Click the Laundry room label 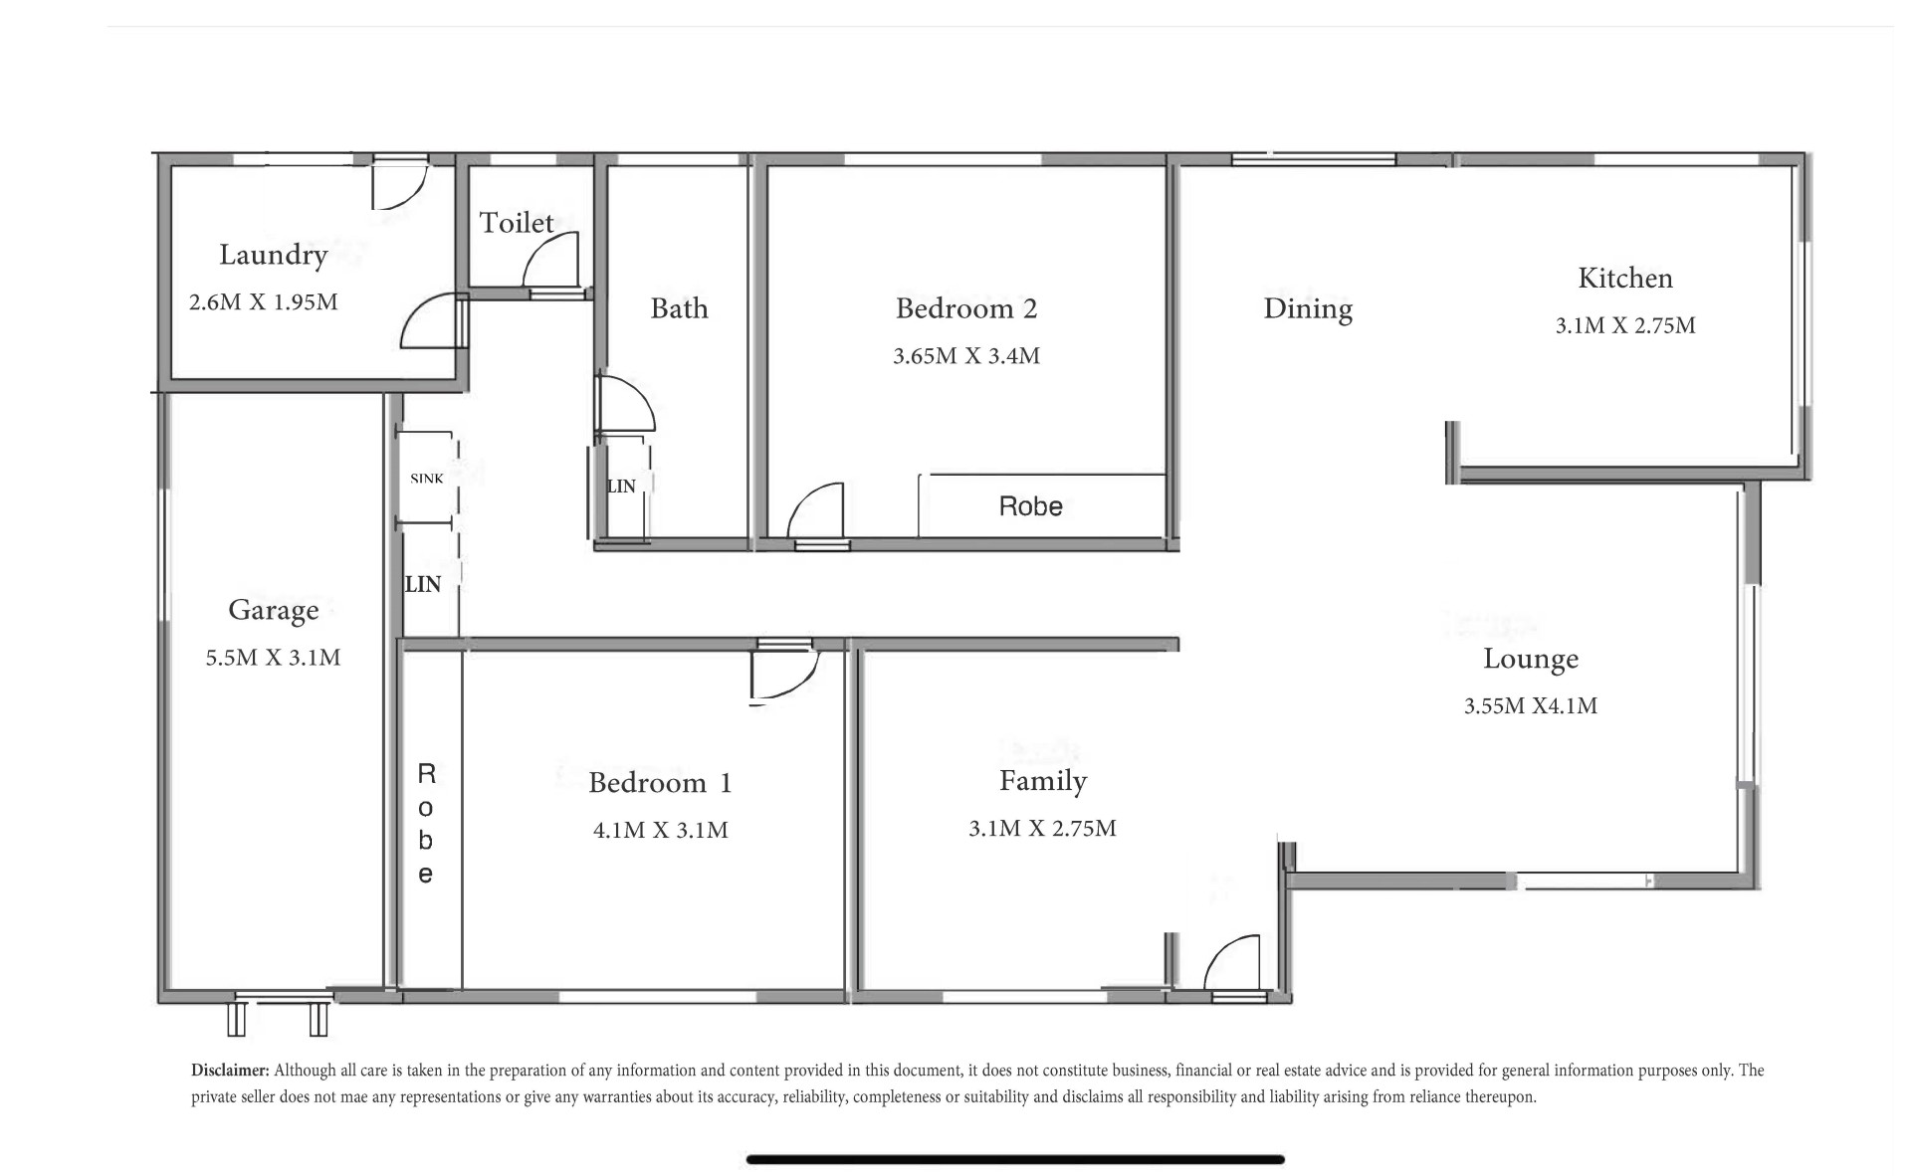[273, 256]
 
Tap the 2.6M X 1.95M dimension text [264, 301]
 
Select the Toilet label [517, 223]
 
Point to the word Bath [679, 308]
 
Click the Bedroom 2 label [966, 308]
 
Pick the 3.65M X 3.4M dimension [966, 356]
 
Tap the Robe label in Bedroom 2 [1031, 506]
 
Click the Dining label [1308, 309]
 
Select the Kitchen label [1625, 278]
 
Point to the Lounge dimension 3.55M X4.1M [1531, 706]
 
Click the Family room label [1043, 782]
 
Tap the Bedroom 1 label [660, 783]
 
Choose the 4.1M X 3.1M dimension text [661, 830]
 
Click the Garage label [274, 610]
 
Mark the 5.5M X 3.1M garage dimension [274, 658]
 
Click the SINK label [427, 479]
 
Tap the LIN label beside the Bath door [621, 487]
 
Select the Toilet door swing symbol [550, 262]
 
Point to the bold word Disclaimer [230, 1071]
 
